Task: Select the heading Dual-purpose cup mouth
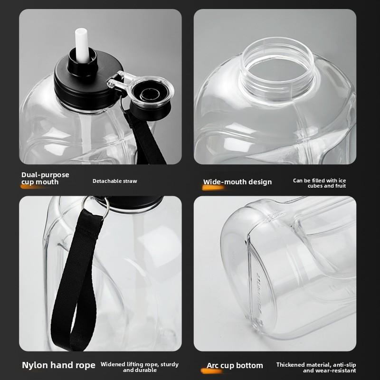[x=45, y=178]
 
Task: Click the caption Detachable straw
[x=114, y=181]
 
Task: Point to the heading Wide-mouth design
[x=237, y=182]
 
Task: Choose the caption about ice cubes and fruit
[x=319, y=183]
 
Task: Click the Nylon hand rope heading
[x=58, y=365]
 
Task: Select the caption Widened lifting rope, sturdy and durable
[x=140, y=367]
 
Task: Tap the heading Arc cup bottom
[x=235, y=365]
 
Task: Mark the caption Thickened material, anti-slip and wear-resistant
[x=316, y=367]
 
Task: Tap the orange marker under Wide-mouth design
[x=212, y=188]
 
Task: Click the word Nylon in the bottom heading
[x=35, y=365]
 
